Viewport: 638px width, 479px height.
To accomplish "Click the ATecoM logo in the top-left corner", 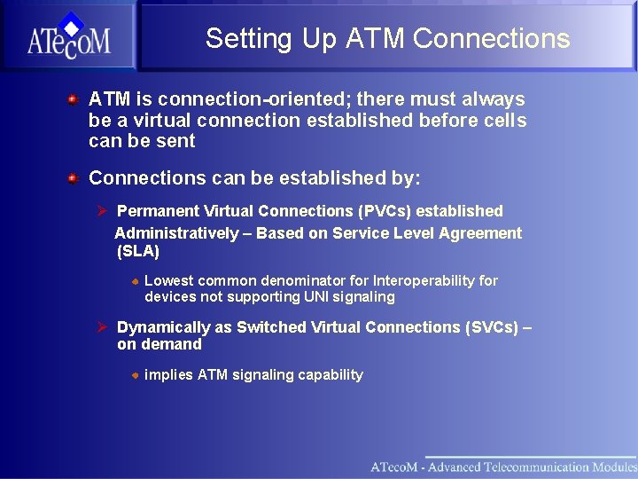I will pyautogui.click(x=68, y=36).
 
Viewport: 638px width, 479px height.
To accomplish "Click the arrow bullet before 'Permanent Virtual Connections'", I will pyautogui.click(x=102, y=211).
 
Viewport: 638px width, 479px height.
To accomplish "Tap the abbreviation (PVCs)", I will pyautogui.click(x=385, y=211).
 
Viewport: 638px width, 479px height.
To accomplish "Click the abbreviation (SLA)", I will pyautogui.click(x=138, y=252).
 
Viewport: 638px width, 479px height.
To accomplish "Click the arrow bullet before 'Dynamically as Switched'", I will pyautogui.click(x=102, y=327).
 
